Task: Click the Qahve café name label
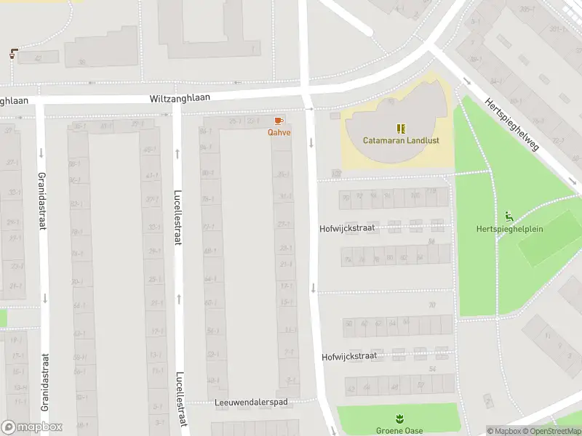[x=279, y=132]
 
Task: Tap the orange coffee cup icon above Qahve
[x=279, y=121]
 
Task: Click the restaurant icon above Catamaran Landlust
[x=400, y=128]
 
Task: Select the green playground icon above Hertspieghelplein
[x=509, y=217]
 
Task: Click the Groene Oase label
[x=399, y=430]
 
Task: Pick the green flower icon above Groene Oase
[x=399, y=419]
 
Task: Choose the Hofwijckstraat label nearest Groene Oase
[x=349, y=357]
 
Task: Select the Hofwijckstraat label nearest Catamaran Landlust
[x=347, y=228]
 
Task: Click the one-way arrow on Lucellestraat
[x=177, y=153]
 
